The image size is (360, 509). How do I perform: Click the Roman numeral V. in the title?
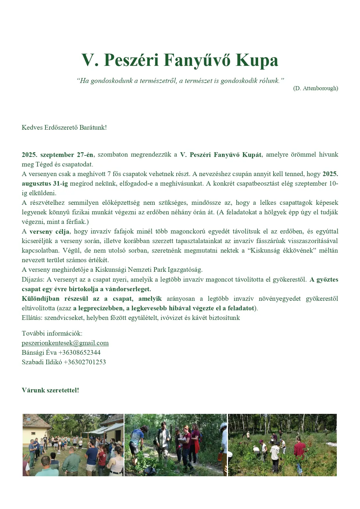(89, 60)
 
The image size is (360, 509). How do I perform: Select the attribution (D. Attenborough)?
(315, 88)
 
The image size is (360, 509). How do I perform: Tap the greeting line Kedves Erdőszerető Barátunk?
(64, 127)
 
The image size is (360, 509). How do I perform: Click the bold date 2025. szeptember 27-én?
(57, 155)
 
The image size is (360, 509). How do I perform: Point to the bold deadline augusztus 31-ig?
(45, 184)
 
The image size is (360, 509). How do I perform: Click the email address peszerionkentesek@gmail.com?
(65, 343)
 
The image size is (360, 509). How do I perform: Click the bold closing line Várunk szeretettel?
(50, 390)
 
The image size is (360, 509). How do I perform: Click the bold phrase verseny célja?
(49, 231)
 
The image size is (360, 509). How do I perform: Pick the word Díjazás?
(33, 279)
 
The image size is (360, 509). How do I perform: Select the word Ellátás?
(32, 318)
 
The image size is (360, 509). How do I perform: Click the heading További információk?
(52, 333)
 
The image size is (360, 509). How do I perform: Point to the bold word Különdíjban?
(41, 298)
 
